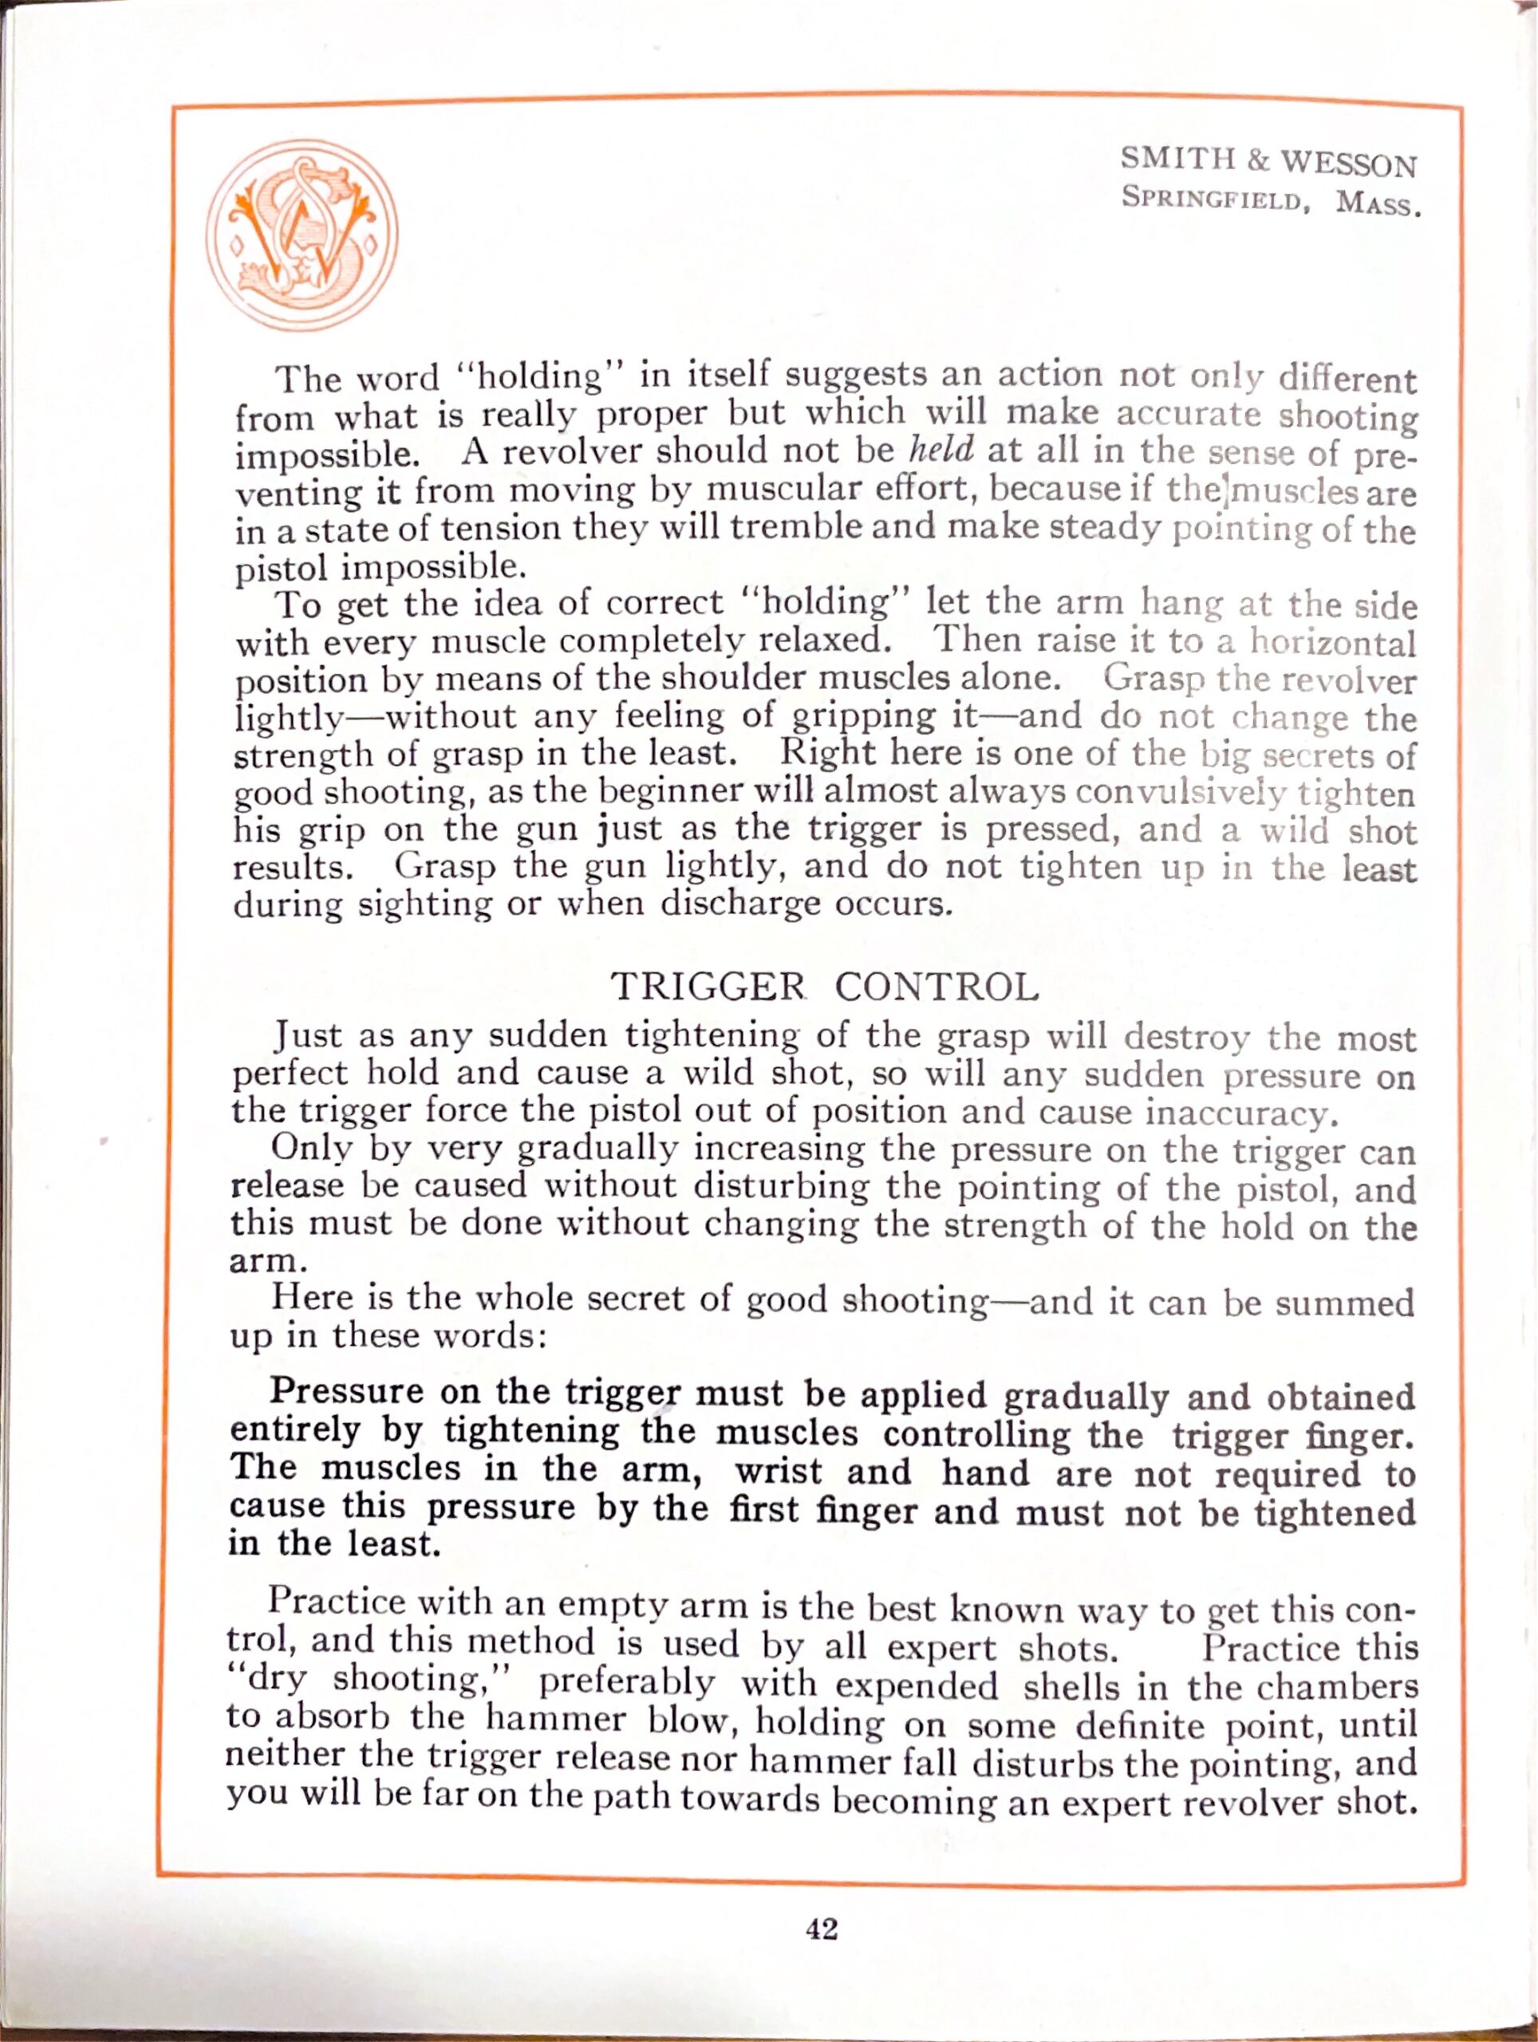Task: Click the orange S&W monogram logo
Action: (x=302, y=235)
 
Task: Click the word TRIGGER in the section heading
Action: (x=708, y=987)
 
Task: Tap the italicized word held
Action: (x=941, y=450)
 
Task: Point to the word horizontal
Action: (x=1332, y=641)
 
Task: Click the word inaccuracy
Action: (x=1240, y=1114)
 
